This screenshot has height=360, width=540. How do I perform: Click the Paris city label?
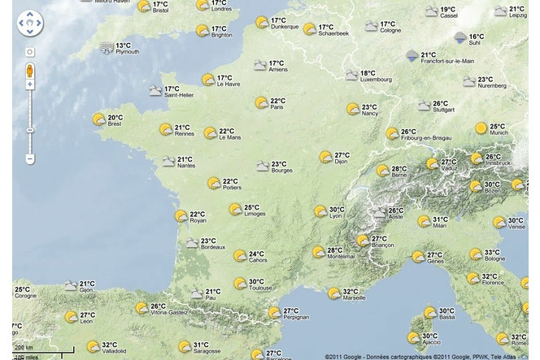pos(277,106)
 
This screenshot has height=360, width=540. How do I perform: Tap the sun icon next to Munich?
pos(481,128)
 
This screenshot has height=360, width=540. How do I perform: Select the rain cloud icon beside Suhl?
pos(460,37)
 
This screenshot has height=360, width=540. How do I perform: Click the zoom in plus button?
pos(30,84)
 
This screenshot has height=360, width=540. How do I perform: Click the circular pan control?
pos(30,25)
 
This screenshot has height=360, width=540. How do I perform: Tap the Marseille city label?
pos(355,297)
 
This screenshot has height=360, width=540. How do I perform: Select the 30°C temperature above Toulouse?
pos(255,281)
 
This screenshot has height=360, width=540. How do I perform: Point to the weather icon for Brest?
pos(98,119)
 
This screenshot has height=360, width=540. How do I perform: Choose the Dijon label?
pos(341,162)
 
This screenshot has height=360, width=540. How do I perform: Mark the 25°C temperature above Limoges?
pos(251,206)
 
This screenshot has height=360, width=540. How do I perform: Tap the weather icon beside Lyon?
pos(320,211)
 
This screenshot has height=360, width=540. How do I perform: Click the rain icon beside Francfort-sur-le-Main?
pos(412,56)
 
